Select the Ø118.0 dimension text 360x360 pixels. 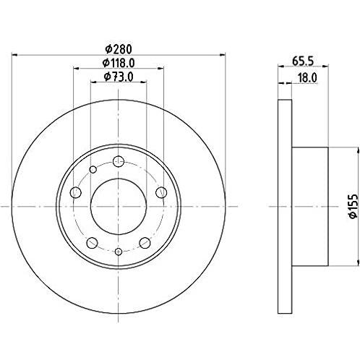click(x=118, y=62)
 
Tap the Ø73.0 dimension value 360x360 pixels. click(x=118, y=76)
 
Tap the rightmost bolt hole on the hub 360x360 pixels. click(x=160, y=192)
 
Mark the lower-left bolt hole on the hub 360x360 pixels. click(x=92, y=241)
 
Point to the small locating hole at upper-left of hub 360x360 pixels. click(x=93, y=171)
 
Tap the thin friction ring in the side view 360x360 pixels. click(x=283, y=206)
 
